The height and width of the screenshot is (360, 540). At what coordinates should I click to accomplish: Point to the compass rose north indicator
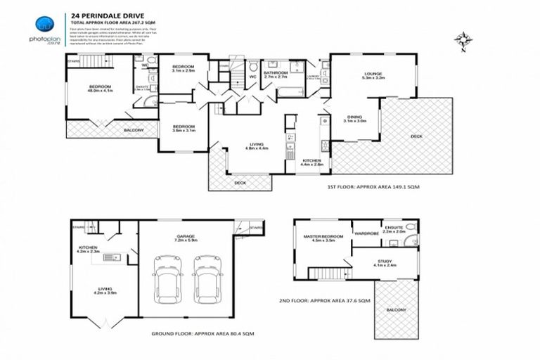(461, 39)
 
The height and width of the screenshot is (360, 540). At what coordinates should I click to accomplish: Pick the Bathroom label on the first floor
(276, 75)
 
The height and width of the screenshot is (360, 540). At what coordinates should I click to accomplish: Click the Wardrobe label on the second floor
(366, 233)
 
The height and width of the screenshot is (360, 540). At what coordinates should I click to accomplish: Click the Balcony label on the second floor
(397, 309)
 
